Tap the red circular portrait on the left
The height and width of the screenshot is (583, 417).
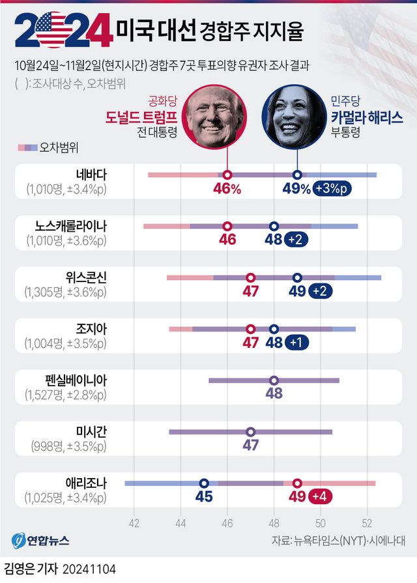coord(216,118)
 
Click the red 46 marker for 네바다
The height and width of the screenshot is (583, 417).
coord(227,175)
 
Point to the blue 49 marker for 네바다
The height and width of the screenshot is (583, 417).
coord(297,175)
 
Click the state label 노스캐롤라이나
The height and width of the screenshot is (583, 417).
coord(71,225)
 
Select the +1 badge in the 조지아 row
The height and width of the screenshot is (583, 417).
coord(296,343)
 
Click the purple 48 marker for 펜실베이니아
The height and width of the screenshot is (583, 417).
coord(274,380)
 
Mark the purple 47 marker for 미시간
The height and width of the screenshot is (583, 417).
coord(251,431)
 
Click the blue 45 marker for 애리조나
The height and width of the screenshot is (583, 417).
coord(204,483)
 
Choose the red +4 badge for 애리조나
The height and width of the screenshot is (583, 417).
coord(320,498)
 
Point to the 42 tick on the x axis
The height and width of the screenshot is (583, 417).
coord(134,522)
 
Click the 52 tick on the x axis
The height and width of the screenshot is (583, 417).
coord(367,522)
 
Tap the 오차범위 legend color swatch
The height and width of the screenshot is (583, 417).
coord(27,147)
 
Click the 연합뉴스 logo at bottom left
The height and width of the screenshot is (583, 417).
coord(40,541)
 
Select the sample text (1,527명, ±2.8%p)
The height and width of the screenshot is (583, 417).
coord(65,395)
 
